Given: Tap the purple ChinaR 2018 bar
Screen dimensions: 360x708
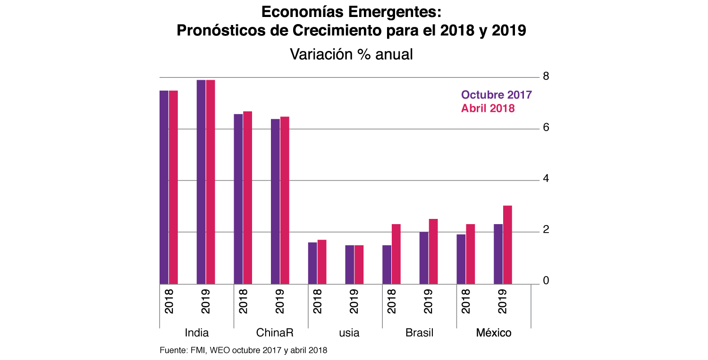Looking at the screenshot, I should click(x=238, y=199).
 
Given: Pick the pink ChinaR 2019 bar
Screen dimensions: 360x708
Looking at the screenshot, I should click(x=285, y=200).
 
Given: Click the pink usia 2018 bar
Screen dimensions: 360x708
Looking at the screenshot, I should click(x=322, y=262).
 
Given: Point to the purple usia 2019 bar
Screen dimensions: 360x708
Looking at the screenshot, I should click(x=349, y=264).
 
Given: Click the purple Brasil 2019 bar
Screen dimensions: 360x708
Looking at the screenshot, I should click(x=424, y=258).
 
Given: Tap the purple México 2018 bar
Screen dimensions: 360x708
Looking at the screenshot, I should click(x=461, y=259).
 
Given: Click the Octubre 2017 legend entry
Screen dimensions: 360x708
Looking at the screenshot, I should click(x=497, y=95).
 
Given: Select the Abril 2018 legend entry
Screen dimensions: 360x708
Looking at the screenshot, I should click(x=488, y=108).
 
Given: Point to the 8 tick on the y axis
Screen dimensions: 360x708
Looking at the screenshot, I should click(x=546, y=76).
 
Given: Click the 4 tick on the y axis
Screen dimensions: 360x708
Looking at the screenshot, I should click(x=546, y=179).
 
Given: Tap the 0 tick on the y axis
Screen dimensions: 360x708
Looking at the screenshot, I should click(x=546, y=281).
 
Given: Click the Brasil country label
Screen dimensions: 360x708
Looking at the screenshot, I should click(x=419, y=333).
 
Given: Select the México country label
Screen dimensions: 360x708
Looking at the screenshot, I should click(x=494, y=333).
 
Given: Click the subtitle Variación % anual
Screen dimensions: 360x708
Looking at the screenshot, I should click(x=351, y=54).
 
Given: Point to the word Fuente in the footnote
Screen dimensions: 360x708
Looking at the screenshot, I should click(x=172, y=351).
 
